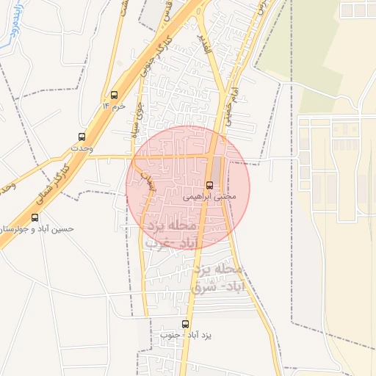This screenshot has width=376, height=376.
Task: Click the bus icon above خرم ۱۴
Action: pos(114,95)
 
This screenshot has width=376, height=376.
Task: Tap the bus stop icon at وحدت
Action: pos(82,137)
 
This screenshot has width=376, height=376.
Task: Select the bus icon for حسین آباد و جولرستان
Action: pos(35,217)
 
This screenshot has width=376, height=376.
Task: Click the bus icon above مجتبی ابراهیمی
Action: pos(210,185)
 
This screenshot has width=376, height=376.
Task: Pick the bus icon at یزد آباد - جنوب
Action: pos(185,323)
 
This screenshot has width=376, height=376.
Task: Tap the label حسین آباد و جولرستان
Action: pos(37,228)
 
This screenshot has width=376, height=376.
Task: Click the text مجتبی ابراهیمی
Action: pos(209,197)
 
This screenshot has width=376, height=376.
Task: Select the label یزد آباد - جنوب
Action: pos(185,335)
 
